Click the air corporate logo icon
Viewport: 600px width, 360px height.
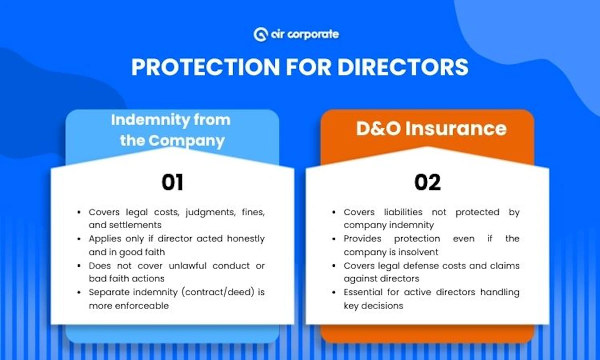[260, 34]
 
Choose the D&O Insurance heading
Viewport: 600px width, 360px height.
[431, 128]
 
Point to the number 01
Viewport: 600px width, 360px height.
[172, 183]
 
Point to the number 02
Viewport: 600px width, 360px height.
[427, 183]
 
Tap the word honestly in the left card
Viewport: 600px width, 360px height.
[244, 238]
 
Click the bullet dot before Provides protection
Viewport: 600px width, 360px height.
[334, 239]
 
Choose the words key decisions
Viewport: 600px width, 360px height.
[373, 305]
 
